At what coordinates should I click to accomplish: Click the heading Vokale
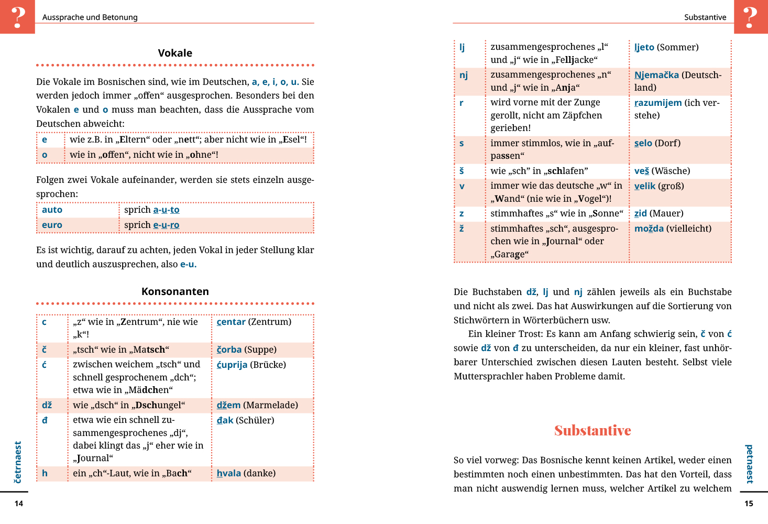click(x=175, y=53)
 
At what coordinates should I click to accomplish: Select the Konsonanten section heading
click(x=175, y=291)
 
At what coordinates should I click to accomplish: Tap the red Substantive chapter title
click(x=593, y=431)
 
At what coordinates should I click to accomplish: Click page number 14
click(x=19, y=504)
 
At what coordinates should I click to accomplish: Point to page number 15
click(x=749, y=504)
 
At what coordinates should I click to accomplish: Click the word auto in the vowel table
click(x=52, y=210)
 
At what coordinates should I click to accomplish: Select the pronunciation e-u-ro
click(x=166, y=225)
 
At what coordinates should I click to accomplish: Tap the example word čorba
click(x=229, y=350)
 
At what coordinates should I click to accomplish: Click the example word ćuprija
click(x=232, y=365)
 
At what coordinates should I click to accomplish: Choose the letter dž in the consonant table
click(x=47, y=405)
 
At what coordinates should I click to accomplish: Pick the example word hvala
click(x=229, y=473)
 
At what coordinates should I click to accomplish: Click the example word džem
click(x=228, y=405)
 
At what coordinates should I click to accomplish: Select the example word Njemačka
click(x=656, y=75)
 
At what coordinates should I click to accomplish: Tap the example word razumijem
click(x=658, y=103)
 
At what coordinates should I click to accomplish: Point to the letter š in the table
click(x=462, y=171)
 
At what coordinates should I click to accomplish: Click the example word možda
click(x=649, y=228)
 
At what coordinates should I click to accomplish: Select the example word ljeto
click(x=644, y=47)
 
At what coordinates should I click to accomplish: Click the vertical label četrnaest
click(x=18, y=462)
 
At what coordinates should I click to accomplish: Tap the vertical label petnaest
click(x=749, y=464)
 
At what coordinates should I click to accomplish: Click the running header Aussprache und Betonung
click(x=90, y=17)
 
